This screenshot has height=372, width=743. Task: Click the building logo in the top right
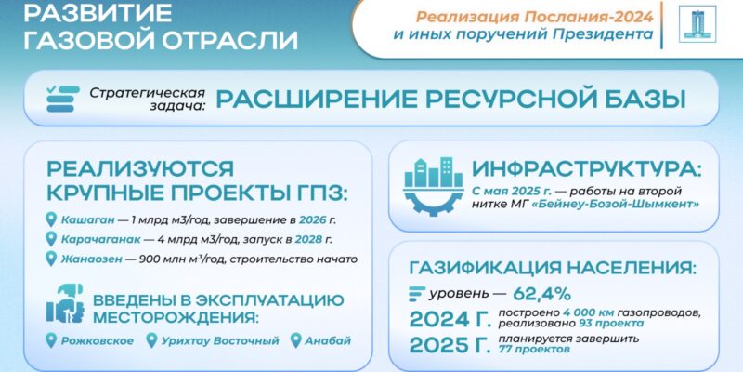click(697, 24)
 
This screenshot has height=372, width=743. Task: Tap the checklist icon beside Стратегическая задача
click(62, 99)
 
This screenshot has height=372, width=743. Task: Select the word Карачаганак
click(100, 240)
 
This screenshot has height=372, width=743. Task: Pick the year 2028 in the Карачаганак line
click(308, 240)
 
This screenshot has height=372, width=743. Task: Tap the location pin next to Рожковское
click(51, 340)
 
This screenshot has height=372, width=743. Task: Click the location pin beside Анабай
click(295, 340)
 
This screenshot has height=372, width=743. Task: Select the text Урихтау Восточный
click(220, 341)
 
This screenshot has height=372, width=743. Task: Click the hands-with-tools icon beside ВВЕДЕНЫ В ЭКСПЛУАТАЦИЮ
click(65, 303)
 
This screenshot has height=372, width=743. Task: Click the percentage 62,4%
click(541, 294)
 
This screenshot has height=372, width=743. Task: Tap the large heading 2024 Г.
click(450, 319)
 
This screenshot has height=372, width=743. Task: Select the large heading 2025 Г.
click(450, 345)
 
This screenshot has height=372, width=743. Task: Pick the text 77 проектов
click(533, 350)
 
